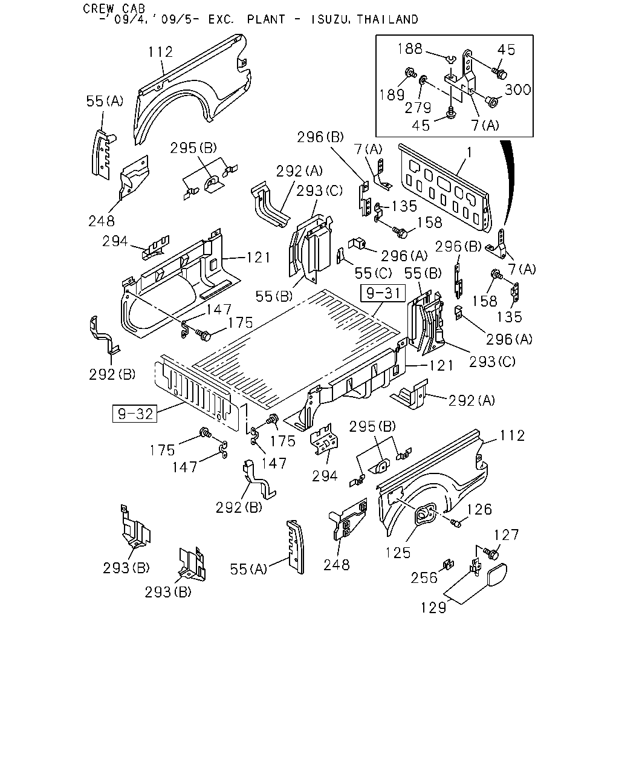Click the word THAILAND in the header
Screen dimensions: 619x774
coord(387,19)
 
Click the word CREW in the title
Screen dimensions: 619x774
coord(98,8)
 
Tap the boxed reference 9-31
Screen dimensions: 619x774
coord(383,293)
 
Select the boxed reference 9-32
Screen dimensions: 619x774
coord(135,414)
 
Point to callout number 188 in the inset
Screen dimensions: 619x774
coord(410,48)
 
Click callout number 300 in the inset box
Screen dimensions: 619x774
coord(517,89)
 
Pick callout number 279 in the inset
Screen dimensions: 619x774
coord(418,108)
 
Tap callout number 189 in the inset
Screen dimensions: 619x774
coord(392,95)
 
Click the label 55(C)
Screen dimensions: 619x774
coord(373,273)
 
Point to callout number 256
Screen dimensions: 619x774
coord(424,578)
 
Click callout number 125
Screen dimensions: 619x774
coord(398,553)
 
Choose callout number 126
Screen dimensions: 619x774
coord(479,509)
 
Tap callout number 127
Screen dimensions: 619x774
coord(507,535)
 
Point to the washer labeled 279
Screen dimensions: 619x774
coord(423,79)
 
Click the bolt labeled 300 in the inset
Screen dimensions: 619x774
coord(491,101)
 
